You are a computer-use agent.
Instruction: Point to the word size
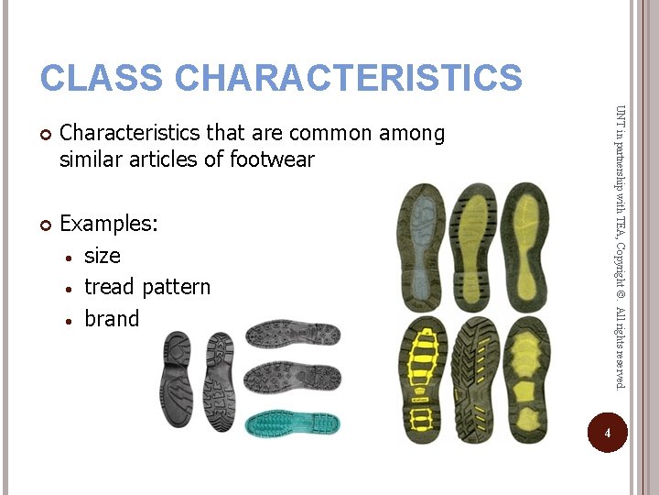pos(102,256)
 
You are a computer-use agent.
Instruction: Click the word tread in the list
pos(109,287)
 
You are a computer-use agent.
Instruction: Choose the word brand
pos(112,319)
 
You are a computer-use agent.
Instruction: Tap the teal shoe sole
pos(294,423)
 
